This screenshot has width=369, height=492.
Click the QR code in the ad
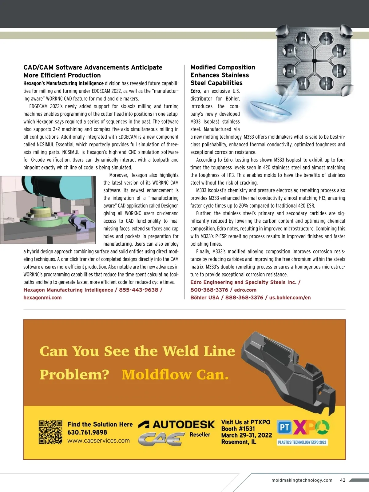coord(50,432)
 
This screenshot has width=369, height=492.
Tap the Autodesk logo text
coord(177,425)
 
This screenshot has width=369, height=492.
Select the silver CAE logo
coord(161,439)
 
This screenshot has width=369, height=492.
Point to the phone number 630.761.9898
coord(87,432)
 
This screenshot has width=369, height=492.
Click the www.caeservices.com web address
coord(98,441)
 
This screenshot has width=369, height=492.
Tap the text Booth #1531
coord(238,429)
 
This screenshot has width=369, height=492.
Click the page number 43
coord(343,480)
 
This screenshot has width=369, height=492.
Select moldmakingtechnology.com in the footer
coord(302,480)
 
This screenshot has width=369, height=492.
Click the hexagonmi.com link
coord(42,298)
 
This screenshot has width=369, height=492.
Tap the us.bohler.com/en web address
coord(290,298)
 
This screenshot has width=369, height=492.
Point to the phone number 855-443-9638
coord(138,290)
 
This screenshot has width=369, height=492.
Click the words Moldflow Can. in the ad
coord(175,375)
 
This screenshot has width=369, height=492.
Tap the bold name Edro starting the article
coord(195,91)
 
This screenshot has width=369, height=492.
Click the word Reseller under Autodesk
coord(200,434)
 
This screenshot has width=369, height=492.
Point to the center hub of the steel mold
coord(314,61)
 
